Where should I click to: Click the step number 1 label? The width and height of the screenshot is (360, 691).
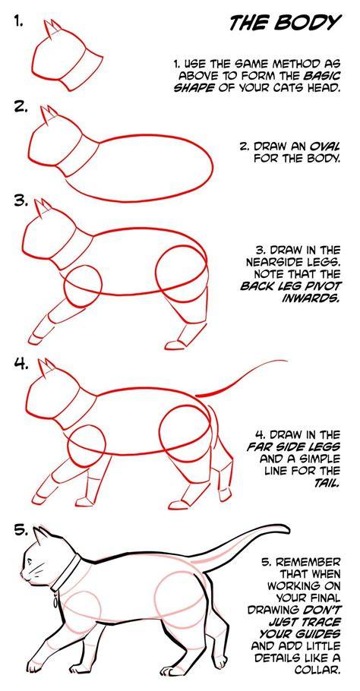click(17, 21)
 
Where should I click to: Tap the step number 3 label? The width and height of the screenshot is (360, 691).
click(21, 201)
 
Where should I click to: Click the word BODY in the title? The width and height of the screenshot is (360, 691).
click(314, 23)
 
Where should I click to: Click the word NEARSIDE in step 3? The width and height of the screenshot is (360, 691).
click(274, 263)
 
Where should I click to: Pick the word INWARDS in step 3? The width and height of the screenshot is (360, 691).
click(312, 298)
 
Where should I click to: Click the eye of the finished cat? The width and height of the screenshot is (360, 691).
click(30, 561)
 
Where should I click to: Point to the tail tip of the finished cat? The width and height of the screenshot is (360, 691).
click(287, 527)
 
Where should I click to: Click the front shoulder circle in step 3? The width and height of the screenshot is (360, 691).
click(83, 286)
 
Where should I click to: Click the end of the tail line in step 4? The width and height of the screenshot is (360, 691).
click(287, 361)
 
